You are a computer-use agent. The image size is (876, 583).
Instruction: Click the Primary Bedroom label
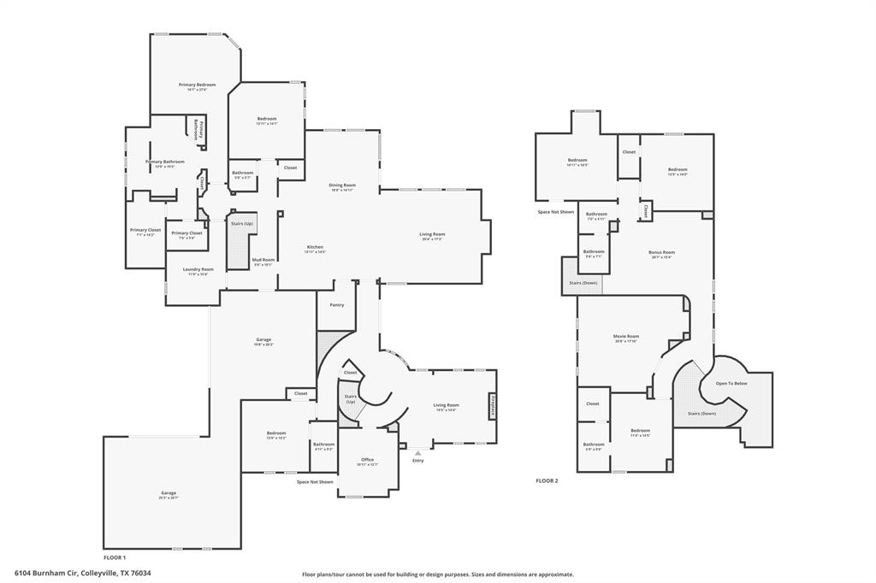(x=197, y=85)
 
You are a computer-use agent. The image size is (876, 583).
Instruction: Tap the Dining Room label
(x=342, y=185)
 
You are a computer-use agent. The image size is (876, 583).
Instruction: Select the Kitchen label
(x=315, y=248)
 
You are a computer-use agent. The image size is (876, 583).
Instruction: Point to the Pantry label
(x=336, y=304)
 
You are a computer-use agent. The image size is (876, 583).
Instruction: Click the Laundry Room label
(x=198, y=269)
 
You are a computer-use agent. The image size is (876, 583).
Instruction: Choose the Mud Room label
(x=263, y=260)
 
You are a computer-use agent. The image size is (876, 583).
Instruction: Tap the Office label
(x=367, y=460)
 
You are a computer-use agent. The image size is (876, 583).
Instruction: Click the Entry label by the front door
(x=417, y=461)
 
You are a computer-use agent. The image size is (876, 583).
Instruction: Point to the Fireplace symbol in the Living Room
(x=493, y=406)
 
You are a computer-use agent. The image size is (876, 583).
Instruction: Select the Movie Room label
(x=626, y=337)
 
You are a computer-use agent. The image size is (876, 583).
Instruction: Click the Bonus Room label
(x=661, y=252)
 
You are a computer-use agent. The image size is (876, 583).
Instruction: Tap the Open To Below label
(x=731, y=384)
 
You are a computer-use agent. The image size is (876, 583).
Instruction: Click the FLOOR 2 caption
(x=547, y=481)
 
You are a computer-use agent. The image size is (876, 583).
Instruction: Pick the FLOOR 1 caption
(x=114, y=556)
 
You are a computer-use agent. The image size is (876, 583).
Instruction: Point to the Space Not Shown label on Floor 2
(x=555, y=211)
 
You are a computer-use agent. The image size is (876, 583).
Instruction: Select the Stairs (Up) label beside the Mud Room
(x=242, y=224)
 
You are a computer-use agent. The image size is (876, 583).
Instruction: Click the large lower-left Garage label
(x=168, y=492)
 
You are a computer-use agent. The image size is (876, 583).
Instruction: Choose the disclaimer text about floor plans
(x=437, y=574)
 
